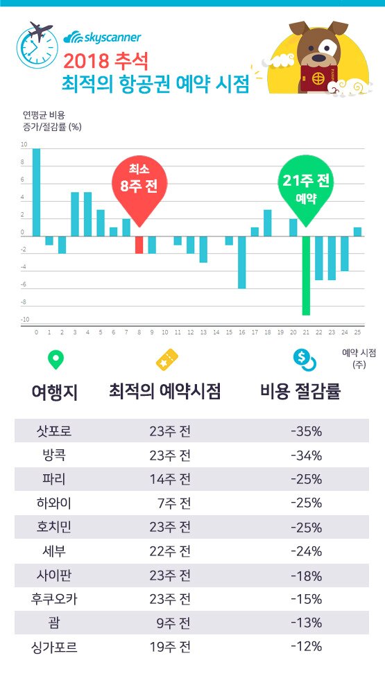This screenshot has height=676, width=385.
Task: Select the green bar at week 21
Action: click(x=305, y=275)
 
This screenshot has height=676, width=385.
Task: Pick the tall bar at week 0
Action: click(x=36, y=192)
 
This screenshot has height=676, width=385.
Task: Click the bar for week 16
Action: click(x=241, y=262)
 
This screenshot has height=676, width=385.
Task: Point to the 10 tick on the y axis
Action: click(x=24, y=146)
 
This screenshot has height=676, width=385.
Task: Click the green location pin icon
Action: click(x=55, y=359)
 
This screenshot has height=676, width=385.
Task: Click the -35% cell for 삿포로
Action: click(x=306, y=431)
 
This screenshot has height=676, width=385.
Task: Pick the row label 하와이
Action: click(x=53, y=503)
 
